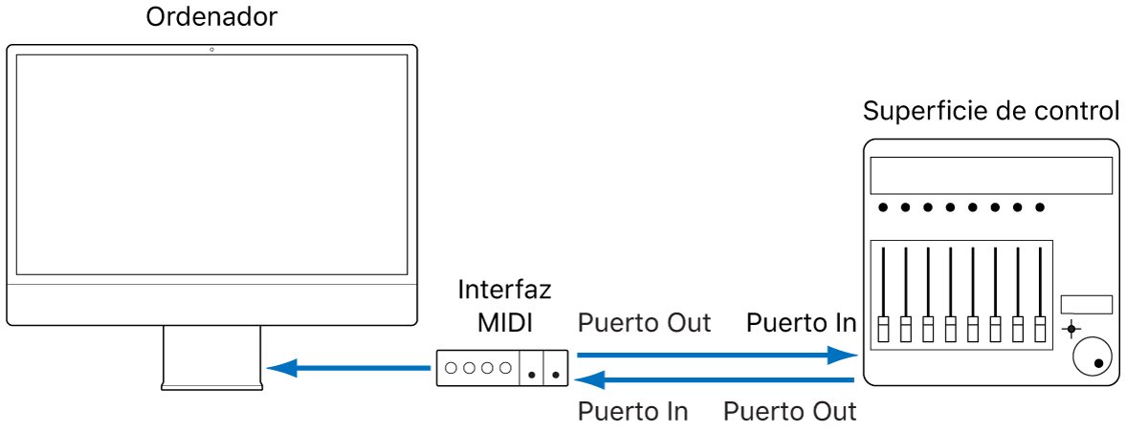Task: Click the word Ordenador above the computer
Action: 210,17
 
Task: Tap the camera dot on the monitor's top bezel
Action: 211,49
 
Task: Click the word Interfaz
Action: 504,289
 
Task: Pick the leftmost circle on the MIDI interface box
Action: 453,367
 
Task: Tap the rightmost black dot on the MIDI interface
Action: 556,374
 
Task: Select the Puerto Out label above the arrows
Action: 645,323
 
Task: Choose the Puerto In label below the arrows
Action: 633,411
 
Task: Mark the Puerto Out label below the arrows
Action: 790,411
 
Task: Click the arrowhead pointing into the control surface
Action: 846,356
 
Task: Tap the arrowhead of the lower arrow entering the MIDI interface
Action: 588,380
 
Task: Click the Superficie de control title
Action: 991,111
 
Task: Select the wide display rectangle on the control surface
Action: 991,176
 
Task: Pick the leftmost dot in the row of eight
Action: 882,206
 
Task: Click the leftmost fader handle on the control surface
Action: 882,328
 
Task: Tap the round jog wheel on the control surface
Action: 1092,357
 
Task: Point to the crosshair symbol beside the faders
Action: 1071,329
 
